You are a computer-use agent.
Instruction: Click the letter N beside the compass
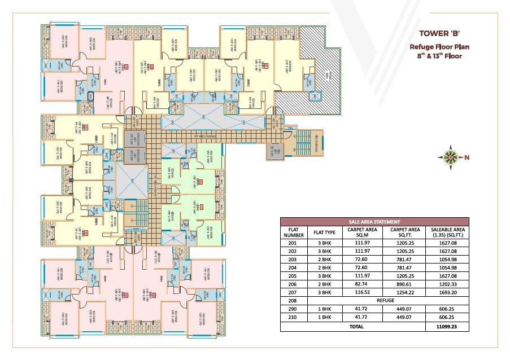pyautogui.click(x=467, y=158)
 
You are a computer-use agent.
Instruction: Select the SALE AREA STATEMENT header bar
pyautogui.click(x=374, y=222)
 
